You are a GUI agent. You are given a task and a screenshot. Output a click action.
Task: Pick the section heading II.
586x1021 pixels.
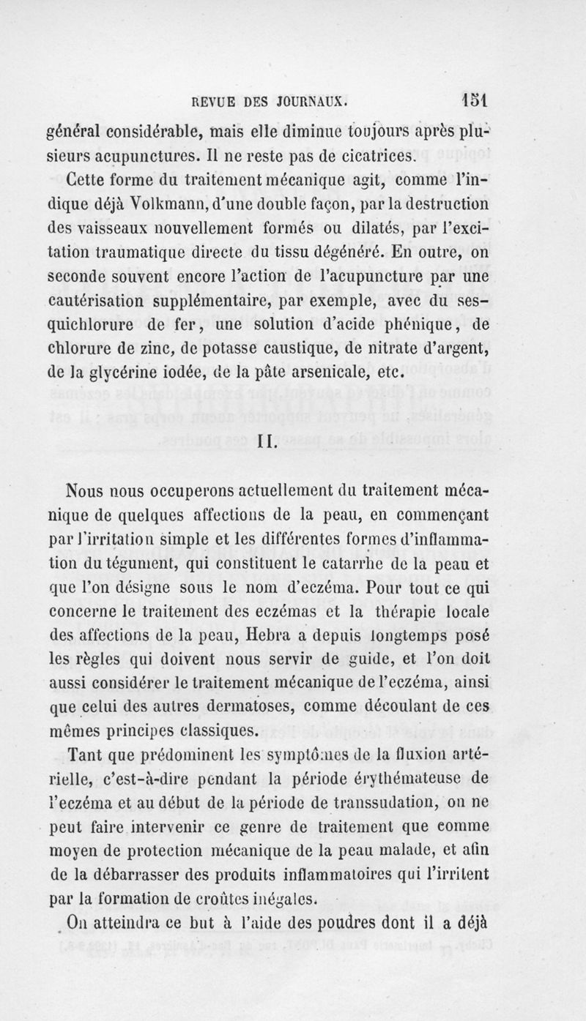(x=266, y=441)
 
